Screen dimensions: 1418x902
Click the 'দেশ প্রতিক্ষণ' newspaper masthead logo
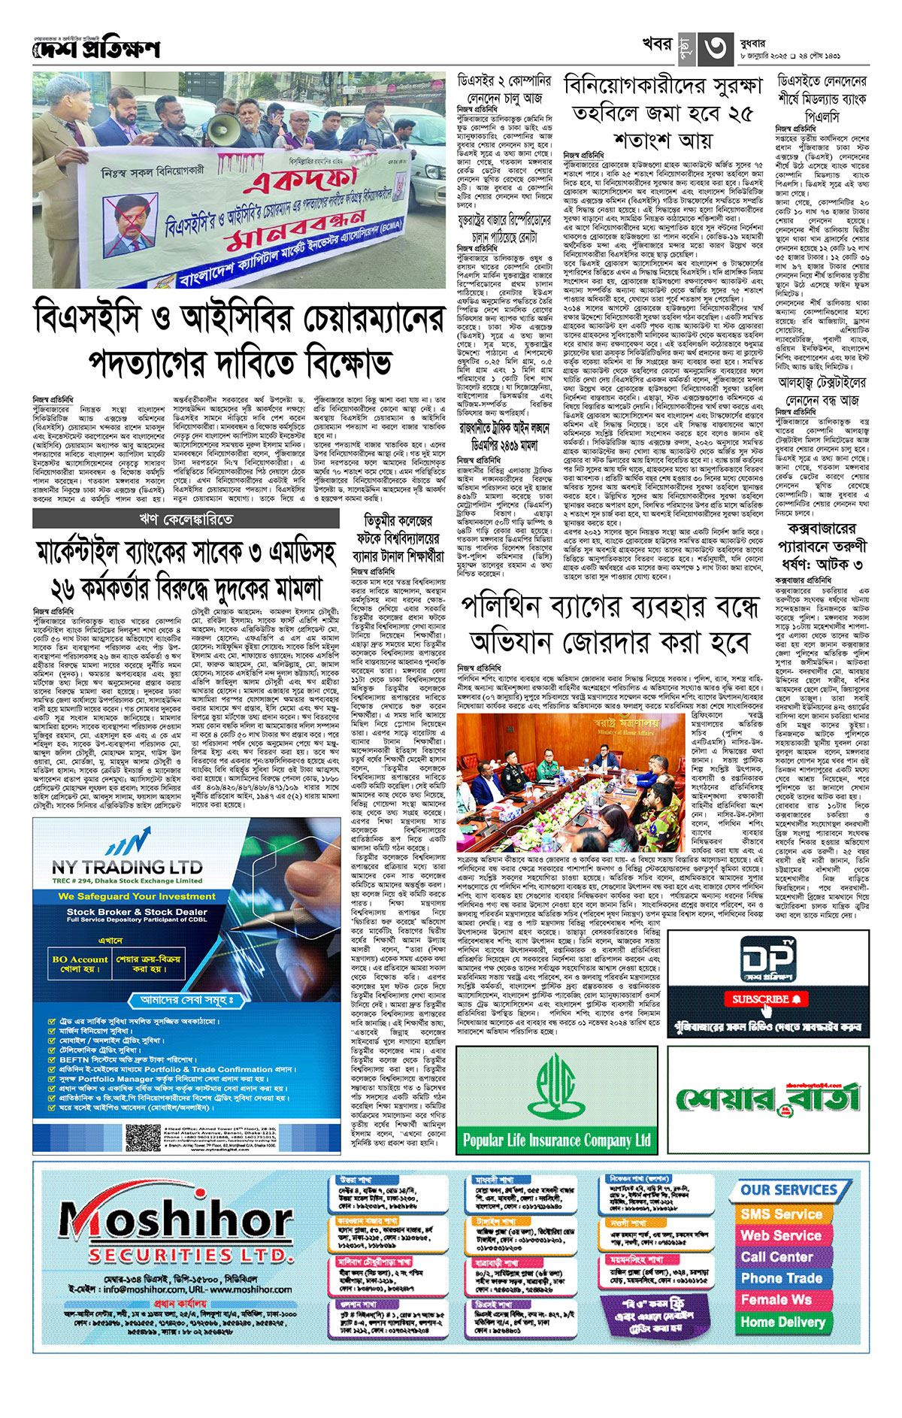[96, 49]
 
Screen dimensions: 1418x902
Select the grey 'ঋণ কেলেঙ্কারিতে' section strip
[186, 519]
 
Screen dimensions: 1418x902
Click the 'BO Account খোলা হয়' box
[80, 964]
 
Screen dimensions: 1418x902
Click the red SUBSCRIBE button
[766, 999]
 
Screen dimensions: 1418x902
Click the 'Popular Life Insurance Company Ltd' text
[556, 1140]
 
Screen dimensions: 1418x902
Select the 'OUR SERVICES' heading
[788, 1190]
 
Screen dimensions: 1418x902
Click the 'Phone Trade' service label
[781, 1278]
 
